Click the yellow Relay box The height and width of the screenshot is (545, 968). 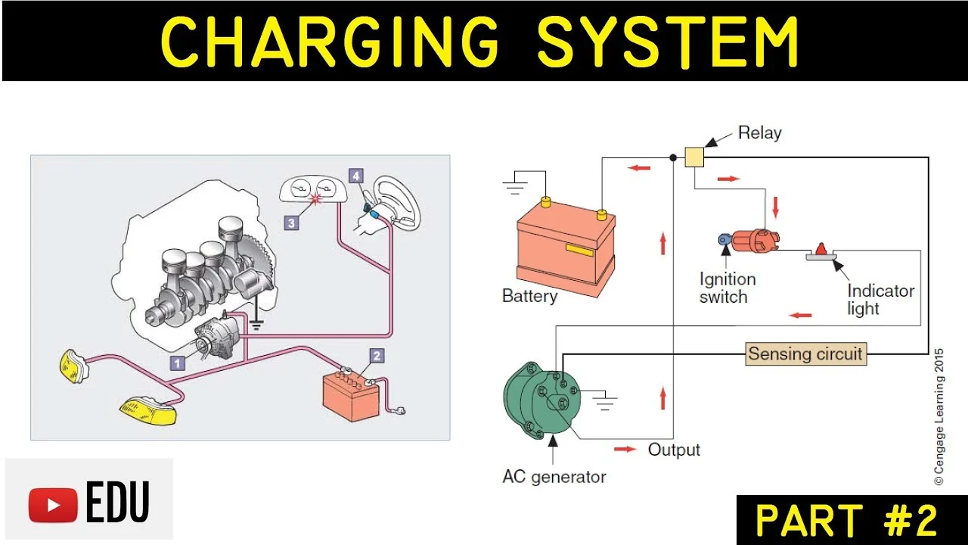(694, 157)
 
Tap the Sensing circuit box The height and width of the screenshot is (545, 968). (805, 353)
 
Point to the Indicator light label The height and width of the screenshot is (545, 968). (880, 300)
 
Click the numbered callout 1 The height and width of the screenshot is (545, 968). (177, 363)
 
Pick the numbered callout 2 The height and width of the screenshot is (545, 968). (377, 355)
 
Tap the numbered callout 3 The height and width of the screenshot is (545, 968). (291, 223)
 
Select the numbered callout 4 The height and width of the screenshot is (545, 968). (355, 176)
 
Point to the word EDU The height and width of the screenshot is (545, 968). (118, 503)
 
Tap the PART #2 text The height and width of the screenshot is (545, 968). (847, 521)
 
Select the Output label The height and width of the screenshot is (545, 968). (674, 450)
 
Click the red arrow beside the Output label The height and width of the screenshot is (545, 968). (625, 450)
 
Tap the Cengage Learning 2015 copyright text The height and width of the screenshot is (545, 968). (939, 416)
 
